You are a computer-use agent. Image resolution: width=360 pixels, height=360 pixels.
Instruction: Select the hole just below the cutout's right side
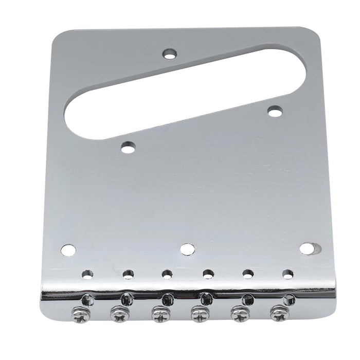(x=274, y=110)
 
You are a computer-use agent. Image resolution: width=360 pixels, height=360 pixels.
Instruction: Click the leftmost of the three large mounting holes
(x=68, y=250)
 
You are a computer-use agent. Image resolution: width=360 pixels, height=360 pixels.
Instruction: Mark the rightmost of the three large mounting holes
(x=307, y=249)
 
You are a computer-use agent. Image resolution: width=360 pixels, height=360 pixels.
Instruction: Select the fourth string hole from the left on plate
(x=208, y=274)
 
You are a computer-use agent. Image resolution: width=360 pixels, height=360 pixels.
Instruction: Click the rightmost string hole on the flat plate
(x=287, y=273)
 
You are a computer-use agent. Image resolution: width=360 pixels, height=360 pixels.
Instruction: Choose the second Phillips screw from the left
(x=119, y=313)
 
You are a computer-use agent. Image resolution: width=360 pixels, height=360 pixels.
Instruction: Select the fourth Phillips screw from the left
(x=198, y=313)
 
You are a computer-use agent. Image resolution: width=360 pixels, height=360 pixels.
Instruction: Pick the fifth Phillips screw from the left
(x=239, y=312)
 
